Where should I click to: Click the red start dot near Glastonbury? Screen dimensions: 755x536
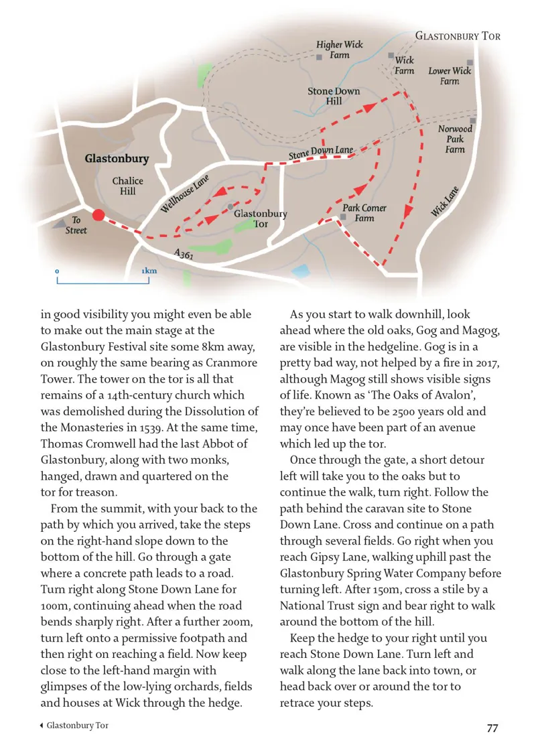coord(98,215)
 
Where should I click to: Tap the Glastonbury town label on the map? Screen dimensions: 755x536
coord(117,159)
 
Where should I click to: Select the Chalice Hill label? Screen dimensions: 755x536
coord(127,186)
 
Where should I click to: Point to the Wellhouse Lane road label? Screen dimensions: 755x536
coord(185,194)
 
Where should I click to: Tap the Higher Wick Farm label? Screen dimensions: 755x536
coord(339,50)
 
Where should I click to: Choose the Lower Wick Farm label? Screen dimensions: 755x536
coord(450,76)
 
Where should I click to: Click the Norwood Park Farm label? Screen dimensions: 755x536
coord(455,139)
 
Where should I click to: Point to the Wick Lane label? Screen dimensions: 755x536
coord(444,201)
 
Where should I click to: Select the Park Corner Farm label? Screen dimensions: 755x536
coord(364,213)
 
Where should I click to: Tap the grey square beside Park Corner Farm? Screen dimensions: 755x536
coord(342,217)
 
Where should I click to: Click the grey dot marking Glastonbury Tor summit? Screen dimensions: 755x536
coord(230,206)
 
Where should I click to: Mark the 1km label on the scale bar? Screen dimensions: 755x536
coord(149,271)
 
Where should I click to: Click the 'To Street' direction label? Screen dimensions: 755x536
coord(76,225)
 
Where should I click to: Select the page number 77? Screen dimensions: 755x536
coord(492,728)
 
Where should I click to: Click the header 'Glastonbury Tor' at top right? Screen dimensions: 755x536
coord(458,36)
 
